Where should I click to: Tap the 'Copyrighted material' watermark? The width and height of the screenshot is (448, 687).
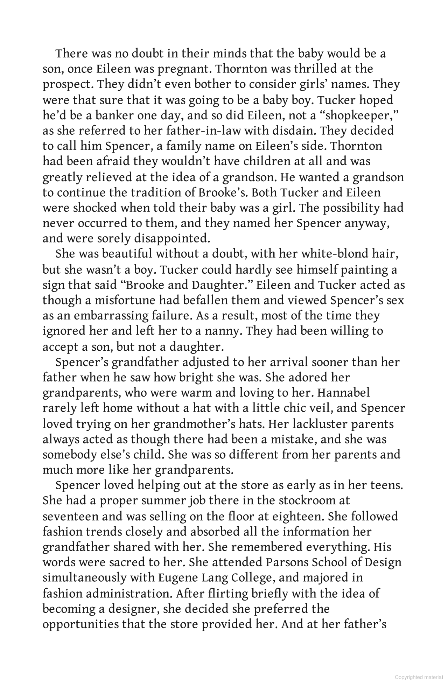(x=419, y=678)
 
